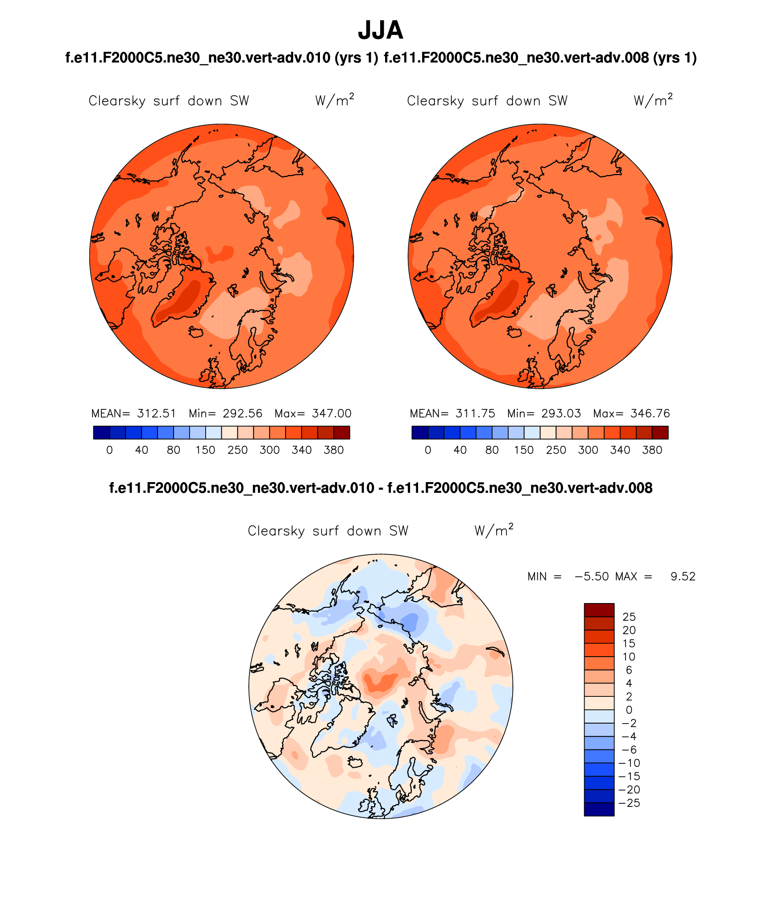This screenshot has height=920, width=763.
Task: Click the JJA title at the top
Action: pos(381,30)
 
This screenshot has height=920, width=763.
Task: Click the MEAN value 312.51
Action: pos(157,414)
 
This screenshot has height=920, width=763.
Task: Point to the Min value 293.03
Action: pos(561,414)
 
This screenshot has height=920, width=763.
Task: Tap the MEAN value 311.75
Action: pos(475,414)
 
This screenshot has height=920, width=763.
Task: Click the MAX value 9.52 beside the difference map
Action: pos(683,577)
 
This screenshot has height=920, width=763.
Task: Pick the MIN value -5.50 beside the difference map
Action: pos(592,577)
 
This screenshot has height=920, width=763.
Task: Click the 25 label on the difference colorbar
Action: pos(629,617)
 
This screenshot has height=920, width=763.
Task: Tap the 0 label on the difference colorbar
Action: pos(629,710)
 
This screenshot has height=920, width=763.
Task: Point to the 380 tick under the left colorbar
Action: pos(334,450)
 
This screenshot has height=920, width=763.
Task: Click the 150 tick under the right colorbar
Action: pos(524,450)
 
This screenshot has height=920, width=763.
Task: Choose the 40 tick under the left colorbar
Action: pos(141,450)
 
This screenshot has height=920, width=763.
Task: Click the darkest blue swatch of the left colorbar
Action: pos(101,433)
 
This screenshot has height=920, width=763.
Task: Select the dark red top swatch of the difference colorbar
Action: pos(599,610)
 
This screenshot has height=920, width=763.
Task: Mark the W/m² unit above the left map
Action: pos(335,100)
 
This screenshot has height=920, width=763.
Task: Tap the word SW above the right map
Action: pos(558,101)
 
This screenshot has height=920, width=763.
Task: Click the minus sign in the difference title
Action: pos(381,488)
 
